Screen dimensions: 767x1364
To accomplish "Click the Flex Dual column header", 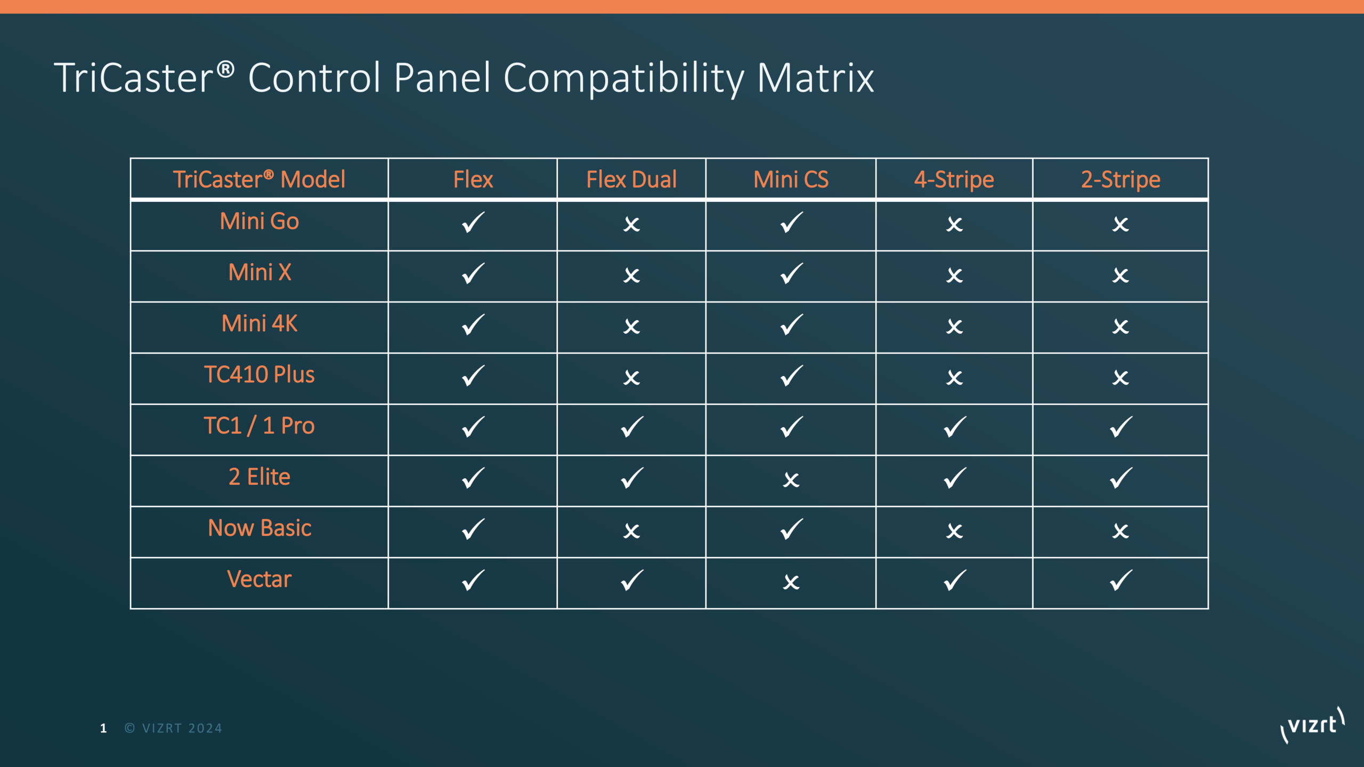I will coord(631,179).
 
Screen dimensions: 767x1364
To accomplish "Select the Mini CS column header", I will coord(791,179).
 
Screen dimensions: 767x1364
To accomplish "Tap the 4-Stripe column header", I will coord(954,179).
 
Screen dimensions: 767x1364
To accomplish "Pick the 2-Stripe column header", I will coord(1121,179).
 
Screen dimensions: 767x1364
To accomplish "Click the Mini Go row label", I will coord(259,221).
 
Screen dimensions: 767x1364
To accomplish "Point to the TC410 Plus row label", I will coord(259,374).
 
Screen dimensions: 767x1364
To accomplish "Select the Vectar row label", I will coord(259,579).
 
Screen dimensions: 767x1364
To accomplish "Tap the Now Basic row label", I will coord(259,528).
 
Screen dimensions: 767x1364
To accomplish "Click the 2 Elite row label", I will coord(259,477).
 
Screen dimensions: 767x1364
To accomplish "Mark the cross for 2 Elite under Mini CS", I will coord(791,480).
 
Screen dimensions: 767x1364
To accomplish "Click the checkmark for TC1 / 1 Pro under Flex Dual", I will coord(632,427).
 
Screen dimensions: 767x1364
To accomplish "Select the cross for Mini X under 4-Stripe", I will coord(954,275).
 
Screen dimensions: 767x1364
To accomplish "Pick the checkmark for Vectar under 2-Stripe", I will coord(1121,581).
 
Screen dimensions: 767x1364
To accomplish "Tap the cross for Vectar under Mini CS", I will coord(791,582).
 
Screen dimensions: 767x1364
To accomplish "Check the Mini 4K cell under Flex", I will coord(473,325).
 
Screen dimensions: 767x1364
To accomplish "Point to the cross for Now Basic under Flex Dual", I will coord(631,531).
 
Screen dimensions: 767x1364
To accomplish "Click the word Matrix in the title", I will coord(815,78).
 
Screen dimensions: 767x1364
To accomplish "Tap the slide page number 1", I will coord(103,729).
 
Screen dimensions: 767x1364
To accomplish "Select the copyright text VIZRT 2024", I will coord(174,729).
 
